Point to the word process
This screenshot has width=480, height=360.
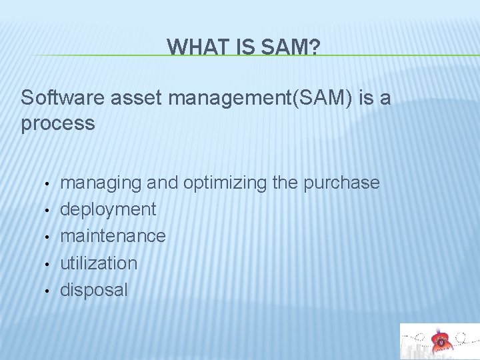click(58, 123)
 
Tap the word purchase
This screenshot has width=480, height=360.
click(341, 183)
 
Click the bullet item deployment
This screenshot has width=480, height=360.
click(108, 209)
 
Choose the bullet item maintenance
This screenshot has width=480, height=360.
click(113, 236)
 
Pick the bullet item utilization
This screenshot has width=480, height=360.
click(99, 263)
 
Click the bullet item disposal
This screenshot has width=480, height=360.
click(93, 289)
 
